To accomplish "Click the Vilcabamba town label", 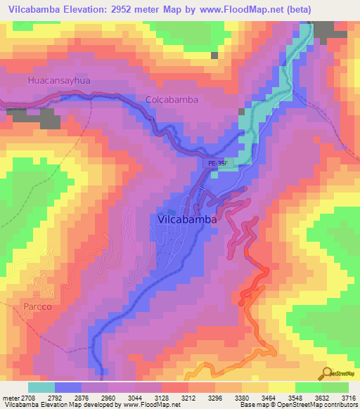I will pos(183,219).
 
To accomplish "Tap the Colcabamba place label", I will pos(172,100).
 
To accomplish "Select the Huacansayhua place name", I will pos(59,82).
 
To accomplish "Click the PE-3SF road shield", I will pos(218,162).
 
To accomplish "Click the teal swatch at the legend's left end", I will pos(41,387).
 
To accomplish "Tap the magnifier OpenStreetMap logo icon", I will pos(326,374).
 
